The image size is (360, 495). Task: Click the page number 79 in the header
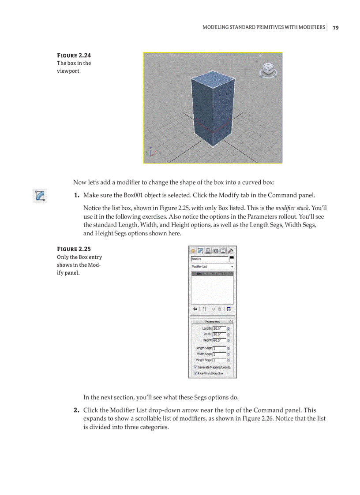pos(336,27)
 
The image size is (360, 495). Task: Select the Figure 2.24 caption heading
pos(74,56)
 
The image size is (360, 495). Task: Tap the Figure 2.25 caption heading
pos(74,249)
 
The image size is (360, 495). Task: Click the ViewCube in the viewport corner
pos(267,69)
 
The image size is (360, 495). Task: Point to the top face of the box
pos(209,78)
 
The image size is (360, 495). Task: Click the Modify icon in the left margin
pos(40,196)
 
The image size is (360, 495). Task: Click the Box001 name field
pos(209,259)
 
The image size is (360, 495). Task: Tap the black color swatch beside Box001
pos(232,258)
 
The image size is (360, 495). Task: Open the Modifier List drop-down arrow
pos(232,267)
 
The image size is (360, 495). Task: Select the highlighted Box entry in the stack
pos(212,274)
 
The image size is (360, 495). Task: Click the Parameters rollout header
pos(212,322)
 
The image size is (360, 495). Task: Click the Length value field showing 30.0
pos(219,328)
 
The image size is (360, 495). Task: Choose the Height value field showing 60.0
pos(219,340)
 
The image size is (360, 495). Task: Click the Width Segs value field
pos(219,354)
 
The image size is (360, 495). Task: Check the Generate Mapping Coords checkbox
pos(195,367)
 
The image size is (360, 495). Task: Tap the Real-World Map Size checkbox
pos(195,373)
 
